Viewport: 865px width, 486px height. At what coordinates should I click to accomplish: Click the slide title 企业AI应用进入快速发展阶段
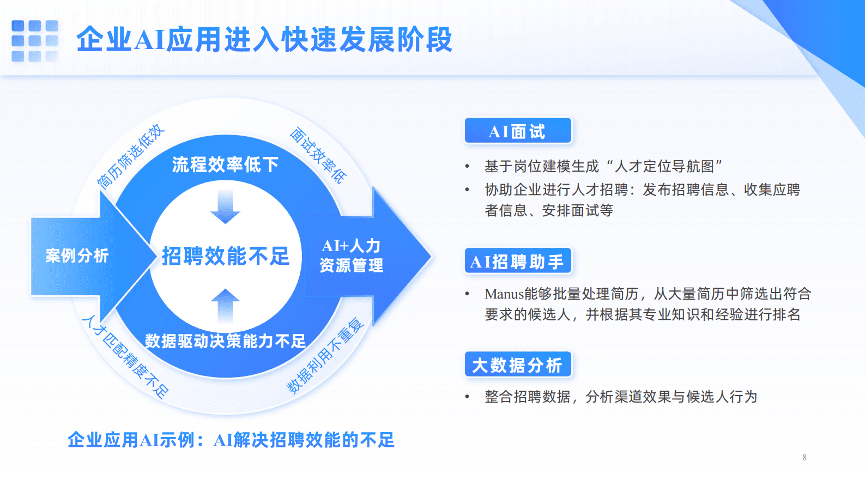coord(264,40)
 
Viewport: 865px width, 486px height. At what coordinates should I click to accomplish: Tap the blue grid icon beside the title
coord(34,41)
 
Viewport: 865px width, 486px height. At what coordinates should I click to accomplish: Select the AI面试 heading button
coord(518,131)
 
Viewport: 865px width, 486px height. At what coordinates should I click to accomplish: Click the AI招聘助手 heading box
coord(518,262)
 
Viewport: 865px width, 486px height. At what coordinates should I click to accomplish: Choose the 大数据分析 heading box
coord(518,364)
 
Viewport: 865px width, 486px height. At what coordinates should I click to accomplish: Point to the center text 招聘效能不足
coord(226,256)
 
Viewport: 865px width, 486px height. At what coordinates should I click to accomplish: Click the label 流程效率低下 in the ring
coord(225,164)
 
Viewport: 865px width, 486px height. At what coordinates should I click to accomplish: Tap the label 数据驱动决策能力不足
coord(225,341)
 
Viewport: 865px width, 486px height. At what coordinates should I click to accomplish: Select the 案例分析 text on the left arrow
coord(77,255)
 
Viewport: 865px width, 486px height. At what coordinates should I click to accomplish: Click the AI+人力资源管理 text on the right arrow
coord(352,256)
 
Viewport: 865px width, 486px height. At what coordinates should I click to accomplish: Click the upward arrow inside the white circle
coord(225,306)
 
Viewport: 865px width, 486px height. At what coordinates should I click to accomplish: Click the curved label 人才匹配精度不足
coord(125,357)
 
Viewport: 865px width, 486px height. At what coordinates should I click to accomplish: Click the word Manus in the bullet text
coord(504,294)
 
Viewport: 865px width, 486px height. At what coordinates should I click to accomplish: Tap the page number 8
coord(804,458)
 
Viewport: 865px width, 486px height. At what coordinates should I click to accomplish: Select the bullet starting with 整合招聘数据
coord(620,397)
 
